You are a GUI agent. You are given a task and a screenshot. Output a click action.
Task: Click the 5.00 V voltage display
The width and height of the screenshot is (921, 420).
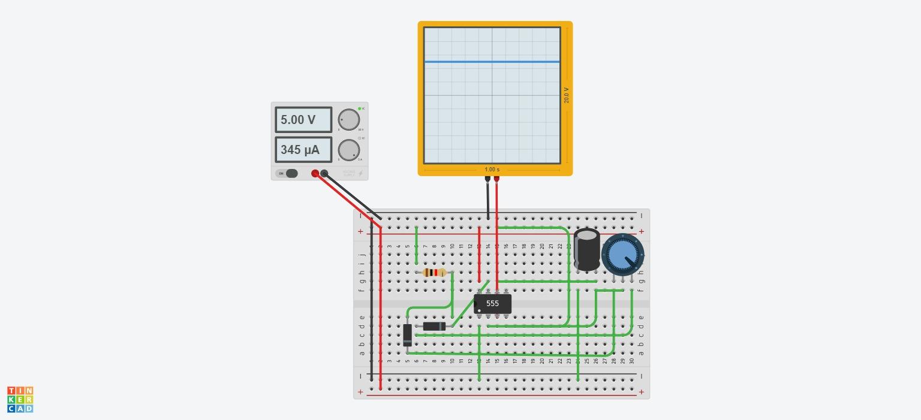click(303, 120)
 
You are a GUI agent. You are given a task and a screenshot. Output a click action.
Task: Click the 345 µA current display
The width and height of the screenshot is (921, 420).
click(303, 150)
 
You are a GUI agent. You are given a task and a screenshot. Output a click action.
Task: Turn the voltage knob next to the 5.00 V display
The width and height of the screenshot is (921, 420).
click(348, 120)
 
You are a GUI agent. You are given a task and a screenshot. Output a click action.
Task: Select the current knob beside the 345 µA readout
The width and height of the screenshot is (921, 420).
click(348, 150)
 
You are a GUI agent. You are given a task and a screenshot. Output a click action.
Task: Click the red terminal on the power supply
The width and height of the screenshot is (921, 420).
click(315, 174)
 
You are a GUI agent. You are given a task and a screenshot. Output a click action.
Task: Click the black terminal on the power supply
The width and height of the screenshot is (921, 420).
click(324, 174)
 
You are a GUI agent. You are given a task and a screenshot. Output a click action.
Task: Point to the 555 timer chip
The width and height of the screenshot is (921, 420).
click(492, 304)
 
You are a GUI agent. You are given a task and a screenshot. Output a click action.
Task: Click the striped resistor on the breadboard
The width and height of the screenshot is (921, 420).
click(434, 273)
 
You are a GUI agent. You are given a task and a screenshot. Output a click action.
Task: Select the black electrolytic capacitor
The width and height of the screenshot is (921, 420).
click(586, 249)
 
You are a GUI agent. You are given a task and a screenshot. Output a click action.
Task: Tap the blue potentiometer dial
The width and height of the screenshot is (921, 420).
click(622, 255)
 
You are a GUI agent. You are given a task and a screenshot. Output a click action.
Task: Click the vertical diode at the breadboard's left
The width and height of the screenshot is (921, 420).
click(408, 335)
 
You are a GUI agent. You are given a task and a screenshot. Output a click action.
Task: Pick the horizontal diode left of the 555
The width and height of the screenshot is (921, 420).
click(434, 327)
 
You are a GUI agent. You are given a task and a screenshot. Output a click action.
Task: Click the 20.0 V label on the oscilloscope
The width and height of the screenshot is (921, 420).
click(567, 95)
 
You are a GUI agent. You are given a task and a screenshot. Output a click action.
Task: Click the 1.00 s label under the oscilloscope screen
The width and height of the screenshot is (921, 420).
click(492, 170)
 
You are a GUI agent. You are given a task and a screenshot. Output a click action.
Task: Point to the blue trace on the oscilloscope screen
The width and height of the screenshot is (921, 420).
click(492, 61)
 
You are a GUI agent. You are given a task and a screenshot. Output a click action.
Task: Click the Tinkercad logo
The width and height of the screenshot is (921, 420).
click(20, 400)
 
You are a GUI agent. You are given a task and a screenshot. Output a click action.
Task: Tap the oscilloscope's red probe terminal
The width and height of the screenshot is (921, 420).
click(496, 179)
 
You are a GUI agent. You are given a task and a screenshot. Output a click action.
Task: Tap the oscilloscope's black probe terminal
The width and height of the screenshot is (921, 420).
click(487, 179)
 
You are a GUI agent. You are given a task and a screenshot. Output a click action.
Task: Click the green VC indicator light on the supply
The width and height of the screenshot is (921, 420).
click(359, 108)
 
